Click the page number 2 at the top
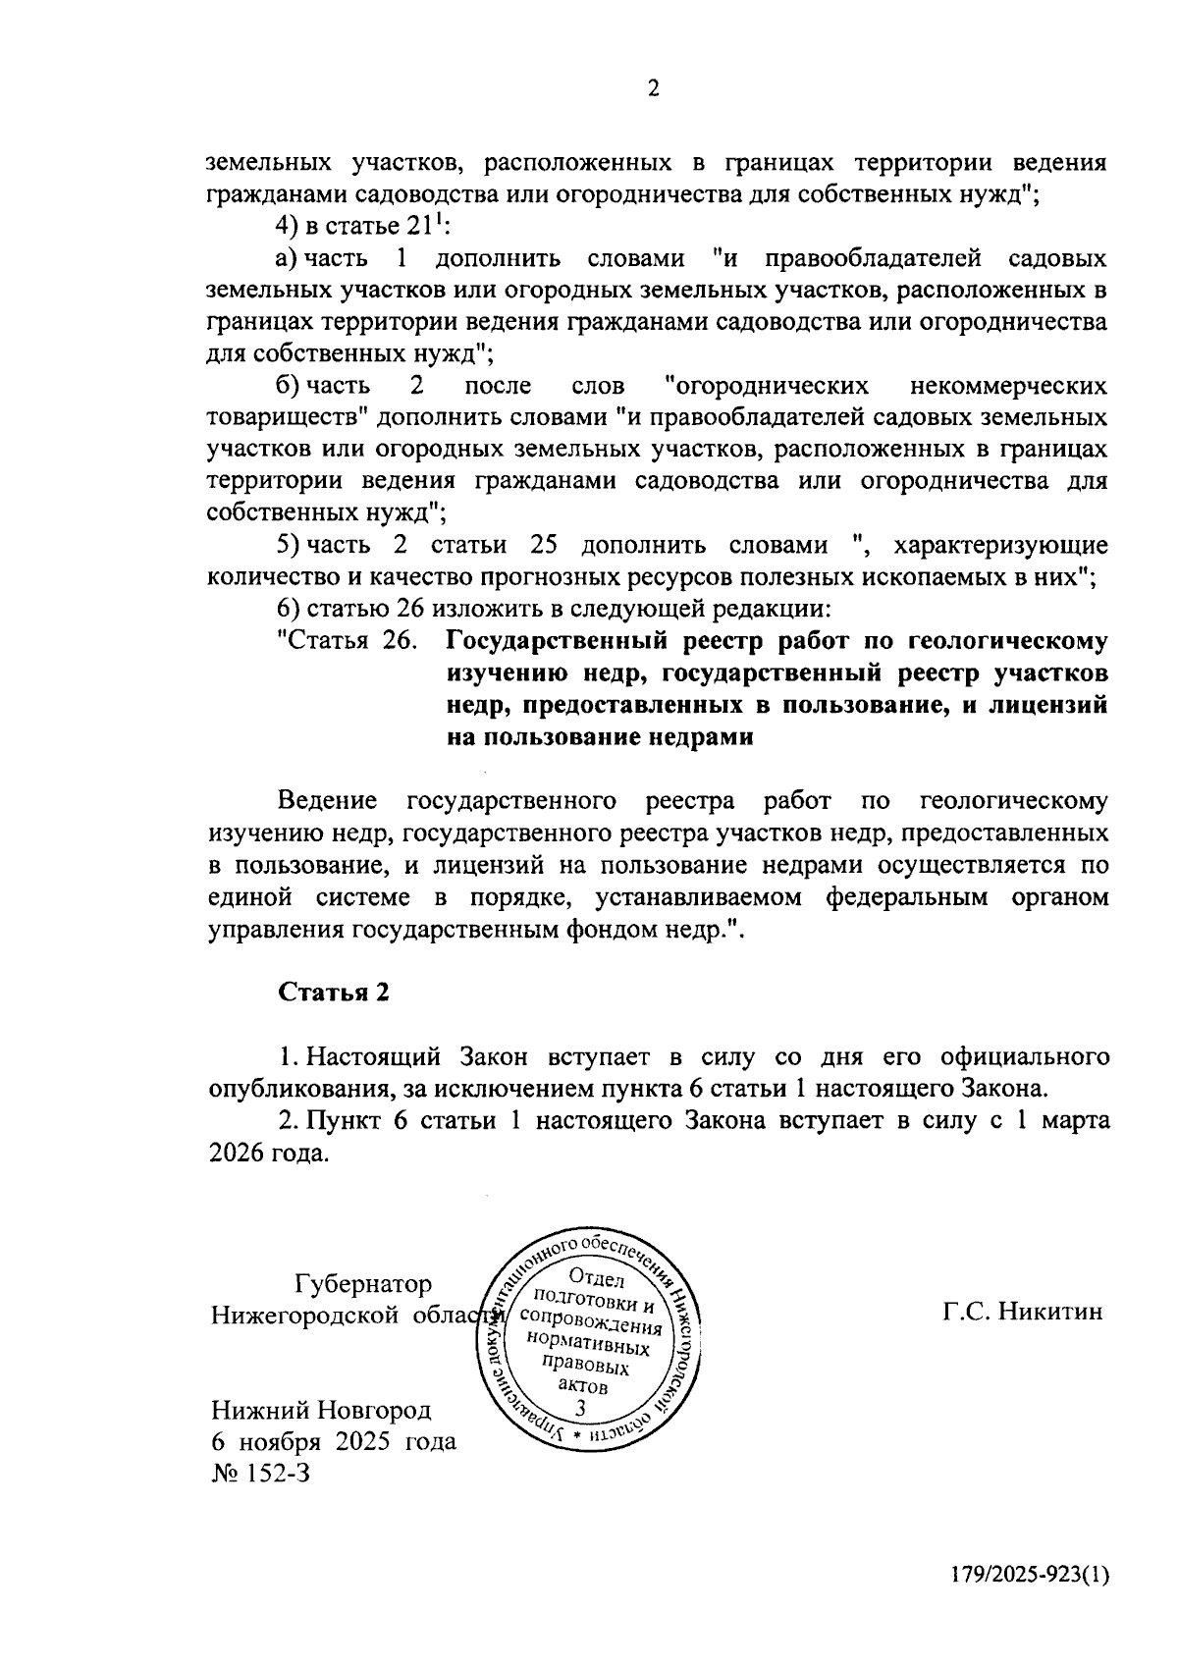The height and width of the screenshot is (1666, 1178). [654, 89]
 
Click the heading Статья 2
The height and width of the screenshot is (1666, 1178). [335, 992]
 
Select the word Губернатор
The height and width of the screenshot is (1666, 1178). [362, 1284]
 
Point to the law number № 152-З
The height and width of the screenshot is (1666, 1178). [260, 1473]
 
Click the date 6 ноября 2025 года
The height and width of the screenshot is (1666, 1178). [334, 1441]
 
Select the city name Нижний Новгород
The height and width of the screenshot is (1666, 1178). [321, 1410]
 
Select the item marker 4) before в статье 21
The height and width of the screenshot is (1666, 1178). [287, 227]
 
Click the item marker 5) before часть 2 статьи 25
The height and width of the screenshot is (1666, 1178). [287, 545]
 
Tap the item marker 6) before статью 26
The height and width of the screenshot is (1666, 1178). [287, 609]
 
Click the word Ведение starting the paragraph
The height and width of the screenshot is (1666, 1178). [328, 800]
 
